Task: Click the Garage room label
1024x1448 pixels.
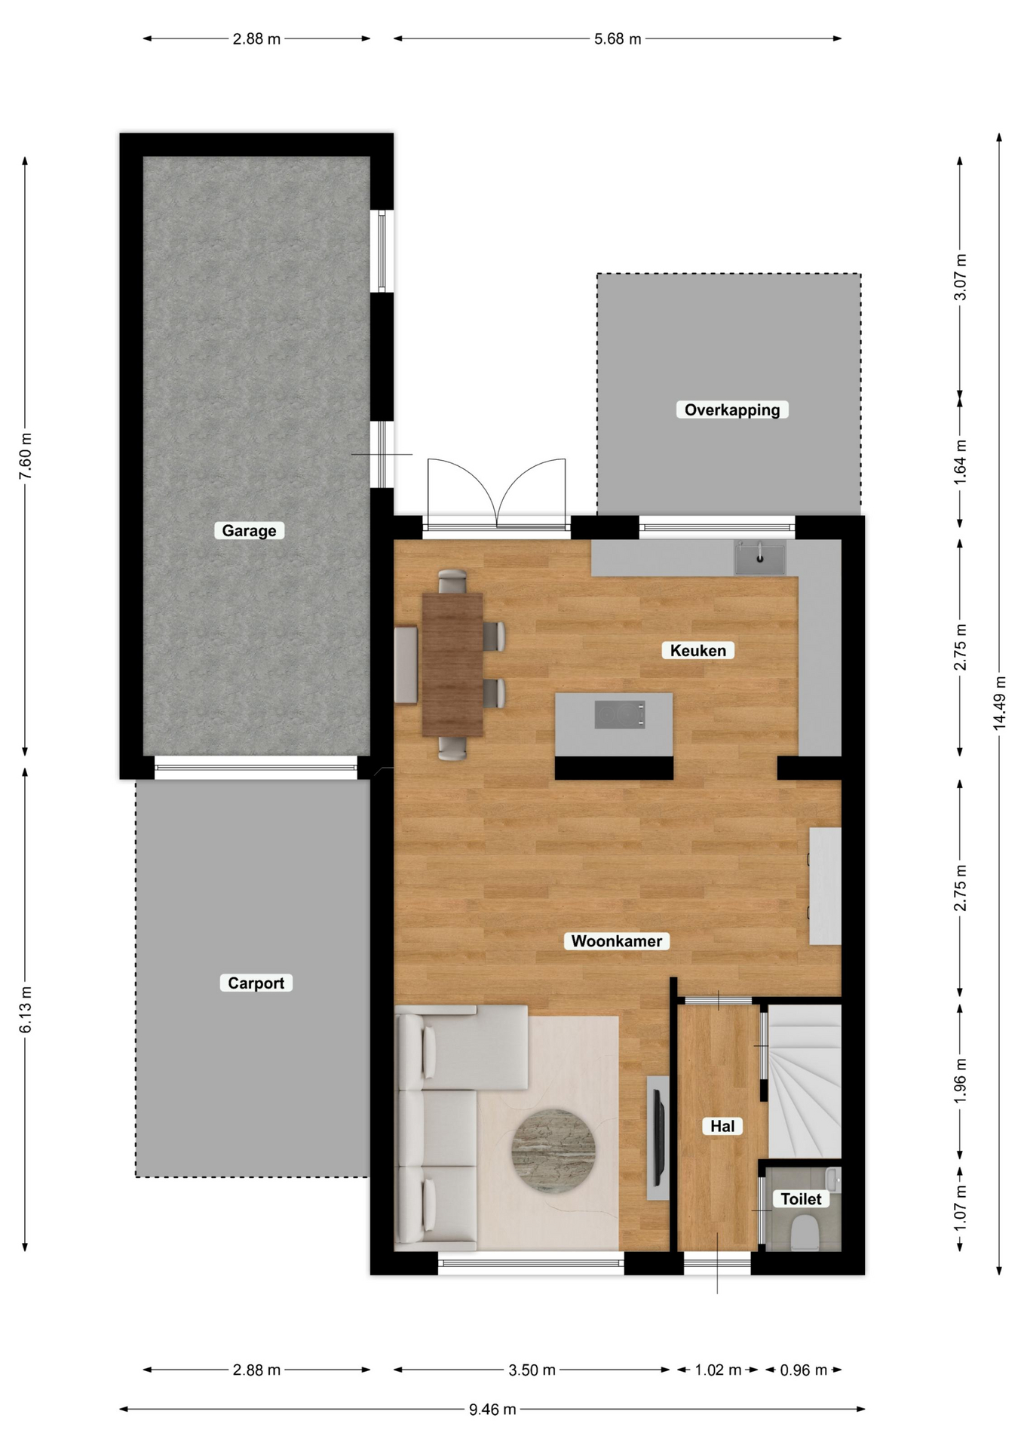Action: point(249,530)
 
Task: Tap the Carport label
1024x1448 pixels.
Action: point(256,983)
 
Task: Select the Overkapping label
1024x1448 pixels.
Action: point(731,410)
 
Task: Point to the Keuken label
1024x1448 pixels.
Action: point(697,650)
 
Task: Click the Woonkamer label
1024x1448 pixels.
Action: point(616,940)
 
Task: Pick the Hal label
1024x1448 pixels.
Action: point(722,1126)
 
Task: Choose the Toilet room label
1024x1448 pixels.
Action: point(800,1198)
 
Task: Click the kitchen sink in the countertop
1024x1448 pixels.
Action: point(760,558)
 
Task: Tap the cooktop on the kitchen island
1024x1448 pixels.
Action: point(620,714)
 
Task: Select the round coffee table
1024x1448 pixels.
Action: point(553,1151)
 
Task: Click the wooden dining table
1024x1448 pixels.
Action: point(452,664)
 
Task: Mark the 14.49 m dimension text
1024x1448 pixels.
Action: point(999,702)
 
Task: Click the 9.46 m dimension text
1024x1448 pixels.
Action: point(492,1409)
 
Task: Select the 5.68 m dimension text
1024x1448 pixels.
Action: point(618,39)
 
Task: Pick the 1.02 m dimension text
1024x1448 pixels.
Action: point(718,1370)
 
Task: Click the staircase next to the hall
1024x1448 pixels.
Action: point(804,1081)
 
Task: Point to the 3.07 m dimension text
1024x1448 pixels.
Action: point(960,277)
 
